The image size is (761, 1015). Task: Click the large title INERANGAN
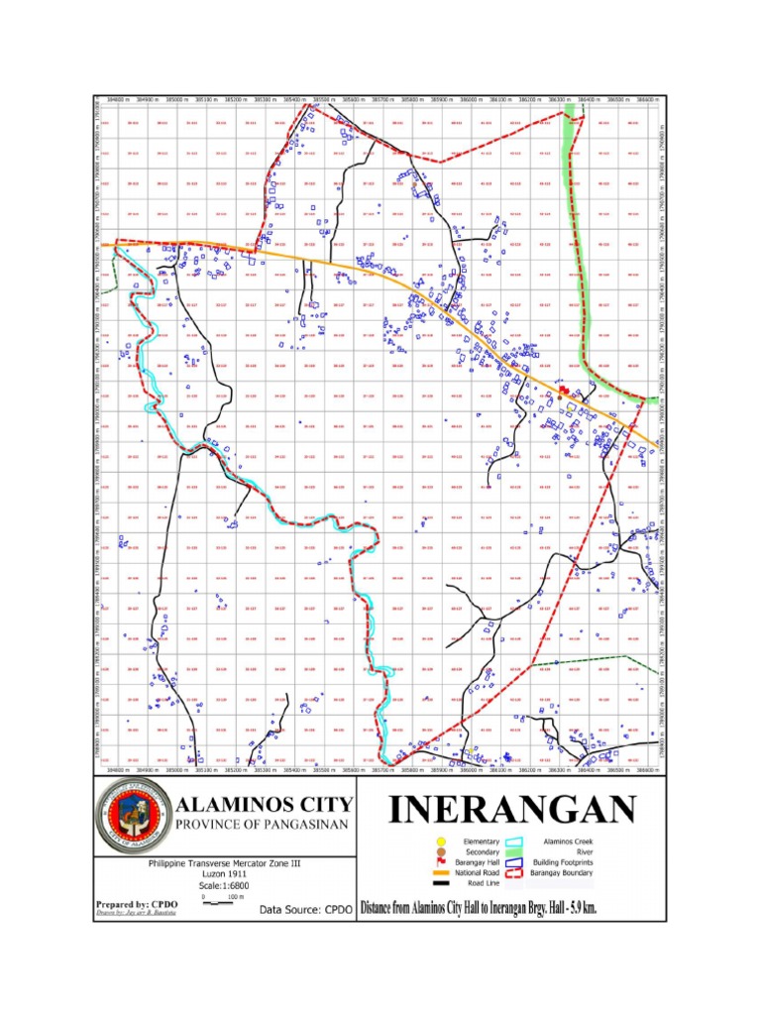[x=511, y=810]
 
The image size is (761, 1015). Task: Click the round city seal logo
[x=133, y=816]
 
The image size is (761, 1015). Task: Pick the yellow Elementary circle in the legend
[x=442, y=842]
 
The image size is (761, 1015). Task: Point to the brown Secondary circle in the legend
[x=442, y=851]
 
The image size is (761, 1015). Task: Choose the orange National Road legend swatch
[x=442, y=872]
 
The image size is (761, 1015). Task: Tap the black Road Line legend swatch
[x=442, y=883]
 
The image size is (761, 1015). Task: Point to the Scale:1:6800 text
[x=223, y=884]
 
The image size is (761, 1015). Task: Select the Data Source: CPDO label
[x=305, y=908]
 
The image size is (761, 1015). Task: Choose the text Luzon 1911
[x=223, y=873]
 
